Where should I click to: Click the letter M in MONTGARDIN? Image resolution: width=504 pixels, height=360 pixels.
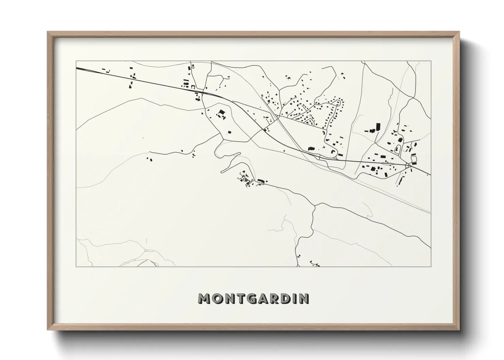click(204, 298)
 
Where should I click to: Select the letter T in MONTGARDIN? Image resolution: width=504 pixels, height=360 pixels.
click(241, 298)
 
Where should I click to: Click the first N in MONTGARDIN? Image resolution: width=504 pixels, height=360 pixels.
click(230, 298)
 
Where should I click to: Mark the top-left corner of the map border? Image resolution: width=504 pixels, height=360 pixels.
click(76, 61)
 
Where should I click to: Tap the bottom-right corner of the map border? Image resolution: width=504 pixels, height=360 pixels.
click(431, 266)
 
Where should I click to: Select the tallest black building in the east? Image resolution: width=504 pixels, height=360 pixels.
click(378, 127)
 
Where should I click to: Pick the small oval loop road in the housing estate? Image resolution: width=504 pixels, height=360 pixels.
click(338, 102)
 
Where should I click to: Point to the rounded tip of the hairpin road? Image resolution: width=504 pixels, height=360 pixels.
click(222, 171)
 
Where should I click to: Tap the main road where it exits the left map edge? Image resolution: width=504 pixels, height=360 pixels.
click(77, 68)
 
